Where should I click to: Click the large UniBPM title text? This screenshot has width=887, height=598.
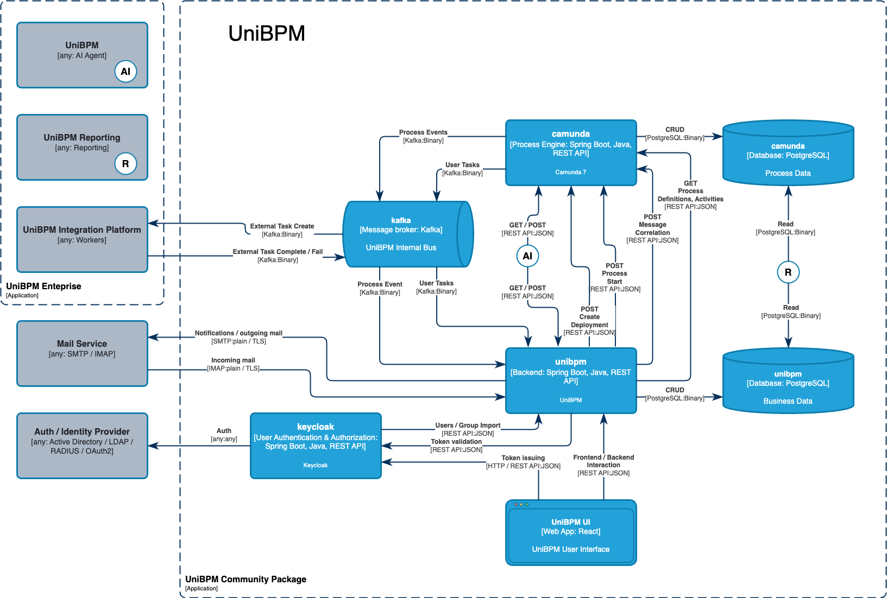click(266, 34)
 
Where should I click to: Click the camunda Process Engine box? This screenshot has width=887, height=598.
click(570, 152)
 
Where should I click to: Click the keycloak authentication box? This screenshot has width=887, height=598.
click(315, 446)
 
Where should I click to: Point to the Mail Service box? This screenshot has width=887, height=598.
click(82, 353)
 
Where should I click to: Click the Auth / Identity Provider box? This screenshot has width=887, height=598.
click(82, 446)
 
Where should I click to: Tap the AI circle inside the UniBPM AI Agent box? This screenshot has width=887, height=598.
click(125, 72)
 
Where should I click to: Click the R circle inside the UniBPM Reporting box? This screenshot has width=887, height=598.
click(125, 164)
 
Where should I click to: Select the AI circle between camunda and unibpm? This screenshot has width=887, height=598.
click(527, 256)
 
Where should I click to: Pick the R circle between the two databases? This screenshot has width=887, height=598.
click(788, 272)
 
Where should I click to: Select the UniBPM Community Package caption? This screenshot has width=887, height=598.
click(246, 580)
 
